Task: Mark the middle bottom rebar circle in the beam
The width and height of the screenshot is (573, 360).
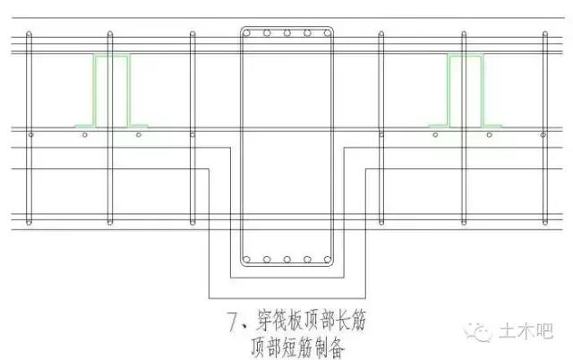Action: point(286,261)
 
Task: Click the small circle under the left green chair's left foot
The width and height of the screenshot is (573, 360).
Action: point(84,135)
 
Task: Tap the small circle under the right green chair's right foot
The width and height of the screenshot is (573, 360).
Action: point(491,135)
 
